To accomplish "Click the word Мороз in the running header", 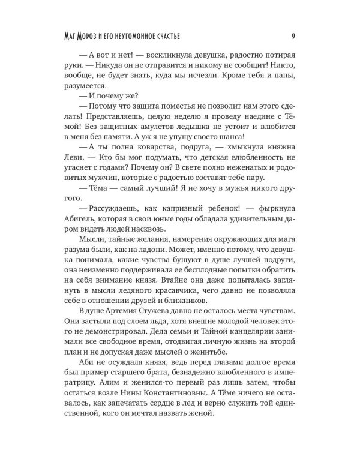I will [103, 35].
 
